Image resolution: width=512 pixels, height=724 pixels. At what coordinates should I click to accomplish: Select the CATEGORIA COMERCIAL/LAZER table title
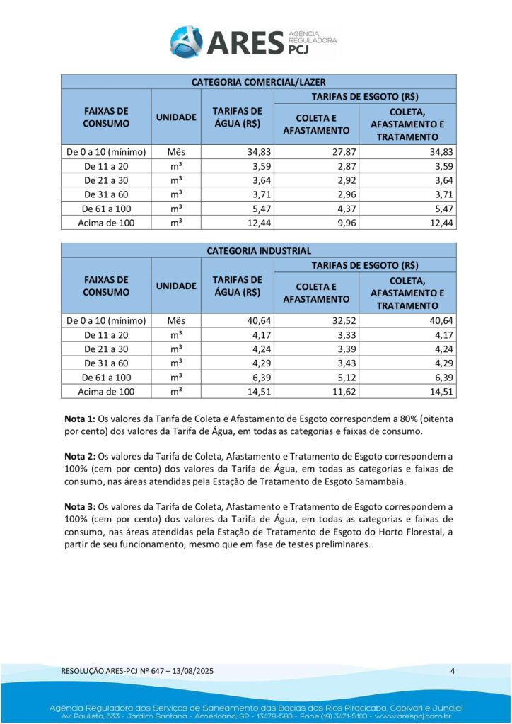[x=258, y=82]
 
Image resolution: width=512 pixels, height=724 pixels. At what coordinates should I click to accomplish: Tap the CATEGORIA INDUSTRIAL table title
[x=258, y=251]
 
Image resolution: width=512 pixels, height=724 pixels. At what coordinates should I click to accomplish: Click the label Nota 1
[x=78, y=419]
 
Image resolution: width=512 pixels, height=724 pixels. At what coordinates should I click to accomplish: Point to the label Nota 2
[x=78, y=457]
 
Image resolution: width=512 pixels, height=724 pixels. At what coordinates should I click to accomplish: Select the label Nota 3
[x=78, y=506]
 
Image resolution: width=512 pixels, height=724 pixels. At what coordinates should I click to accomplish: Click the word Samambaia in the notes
[x=381, y=481]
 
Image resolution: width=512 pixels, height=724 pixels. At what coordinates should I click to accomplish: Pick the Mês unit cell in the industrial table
[x=176, y=320]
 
